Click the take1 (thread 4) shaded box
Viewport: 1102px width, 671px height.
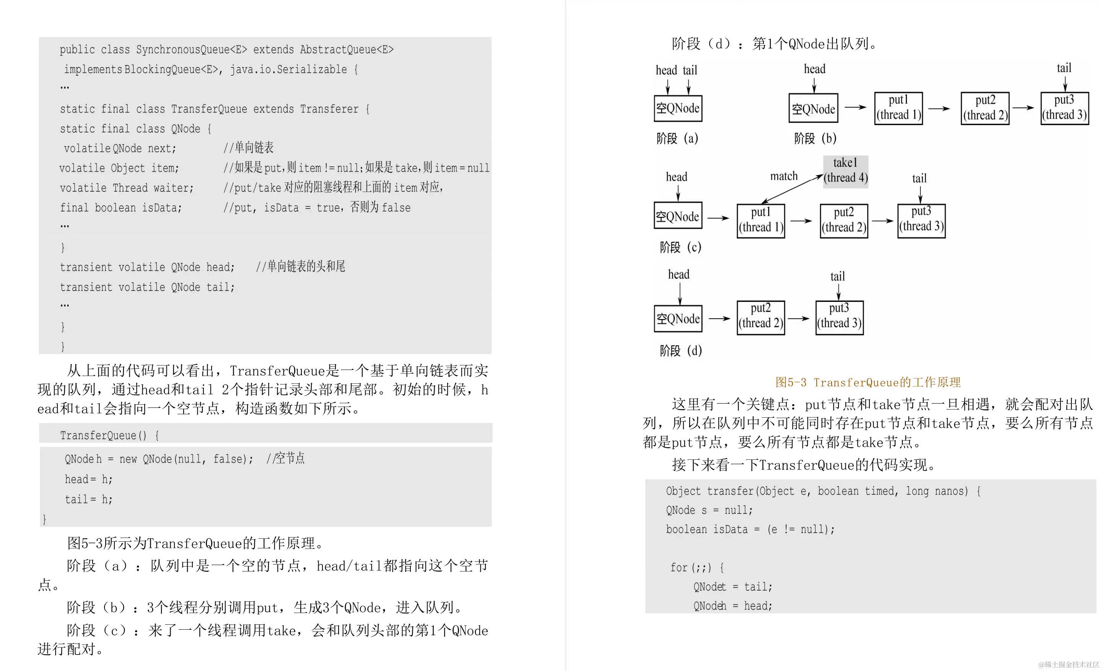845,171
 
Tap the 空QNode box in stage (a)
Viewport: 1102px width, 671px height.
677,108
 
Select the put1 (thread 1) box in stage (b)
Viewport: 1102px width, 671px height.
898,108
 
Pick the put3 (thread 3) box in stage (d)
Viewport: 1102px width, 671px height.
839,317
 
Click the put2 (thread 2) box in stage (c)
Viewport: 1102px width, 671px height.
843,220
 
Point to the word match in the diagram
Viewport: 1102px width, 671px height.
784,176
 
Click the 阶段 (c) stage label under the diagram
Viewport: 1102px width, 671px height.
680,247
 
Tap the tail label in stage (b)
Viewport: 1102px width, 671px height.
1064,68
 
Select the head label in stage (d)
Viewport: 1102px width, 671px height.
679,274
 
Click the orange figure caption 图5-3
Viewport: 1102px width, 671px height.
868,383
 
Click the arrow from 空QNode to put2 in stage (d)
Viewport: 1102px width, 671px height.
719,319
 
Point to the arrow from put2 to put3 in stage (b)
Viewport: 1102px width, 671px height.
1023,108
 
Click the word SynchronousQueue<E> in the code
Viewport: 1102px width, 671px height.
191,49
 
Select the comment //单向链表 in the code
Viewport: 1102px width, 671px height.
248,148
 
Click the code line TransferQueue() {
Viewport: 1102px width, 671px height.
109,435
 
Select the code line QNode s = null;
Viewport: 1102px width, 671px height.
709,510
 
